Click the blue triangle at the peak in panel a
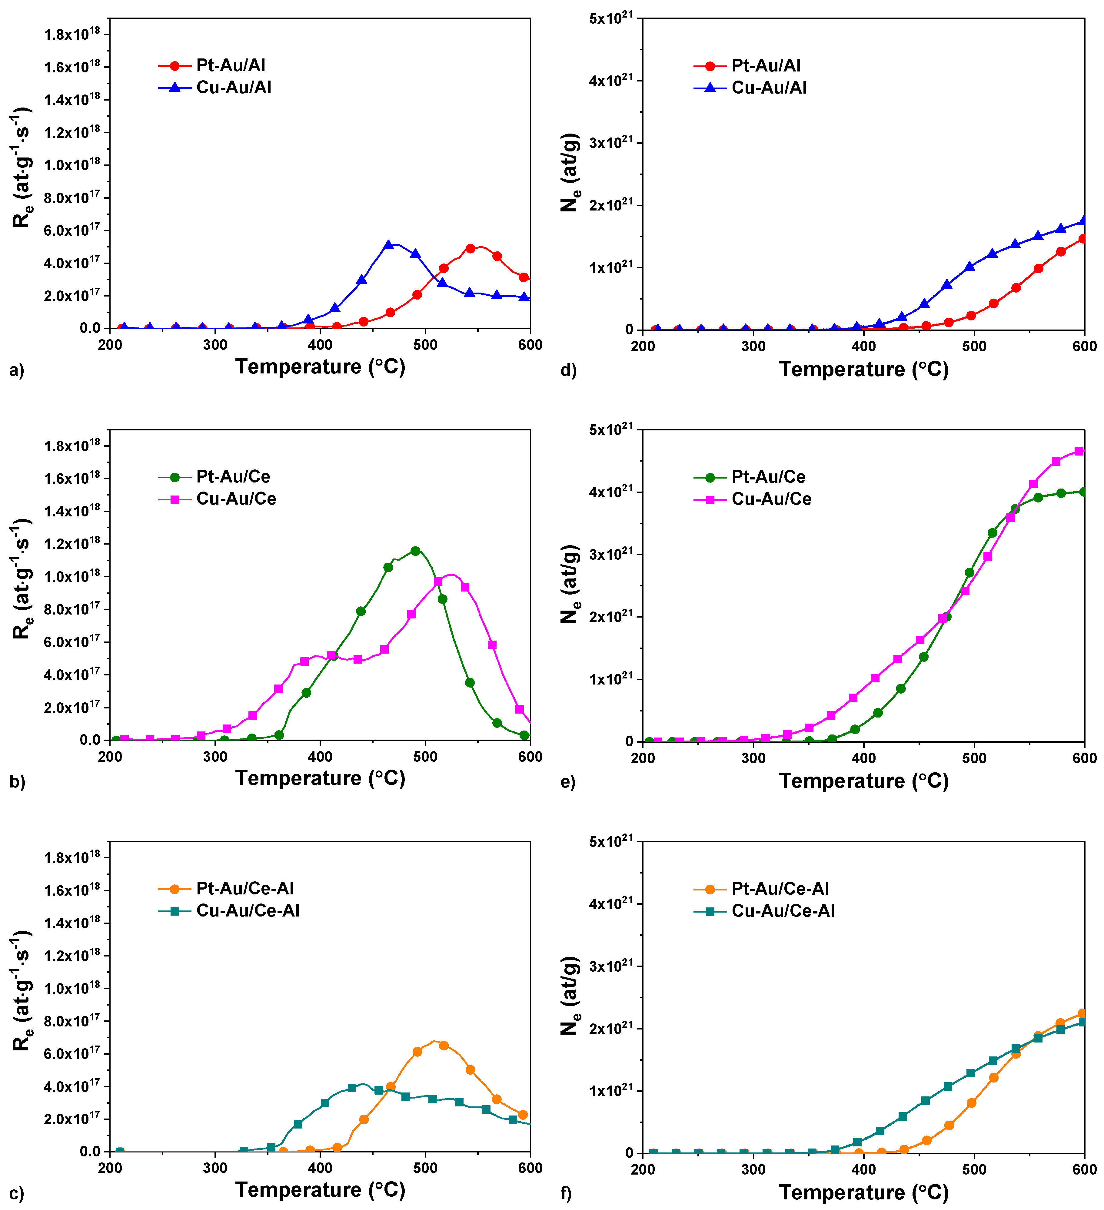388,245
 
